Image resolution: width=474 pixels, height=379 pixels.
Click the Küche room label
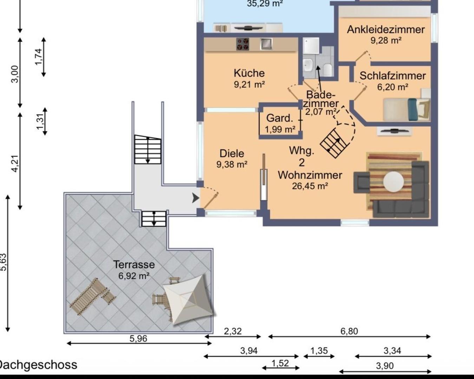(249, 73)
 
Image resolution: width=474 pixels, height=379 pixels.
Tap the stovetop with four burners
(243, 44)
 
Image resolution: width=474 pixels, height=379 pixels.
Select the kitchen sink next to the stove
(266, 44)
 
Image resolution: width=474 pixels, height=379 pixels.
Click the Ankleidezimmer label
(386, 30)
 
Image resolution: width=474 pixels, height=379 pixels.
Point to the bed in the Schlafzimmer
(404, 109)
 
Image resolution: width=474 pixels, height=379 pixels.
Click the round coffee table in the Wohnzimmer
(393, 182)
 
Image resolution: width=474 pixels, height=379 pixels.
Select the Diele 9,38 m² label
(232, 158)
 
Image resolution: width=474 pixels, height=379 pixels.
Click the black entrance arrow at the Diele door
(195, 198)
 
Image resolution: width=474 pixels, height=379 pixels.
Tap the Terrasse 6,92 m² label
(134, 270)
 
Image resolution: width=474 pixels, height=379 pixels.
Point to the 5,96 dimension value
(138, 339)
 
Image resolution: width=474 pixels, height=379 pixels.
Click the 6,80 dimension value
(349, 331)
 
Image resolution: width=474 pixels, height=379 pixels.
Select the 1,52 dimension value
(280, 363)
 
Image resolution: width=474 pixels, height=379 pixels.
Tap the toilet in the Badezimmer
(328, 69)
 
